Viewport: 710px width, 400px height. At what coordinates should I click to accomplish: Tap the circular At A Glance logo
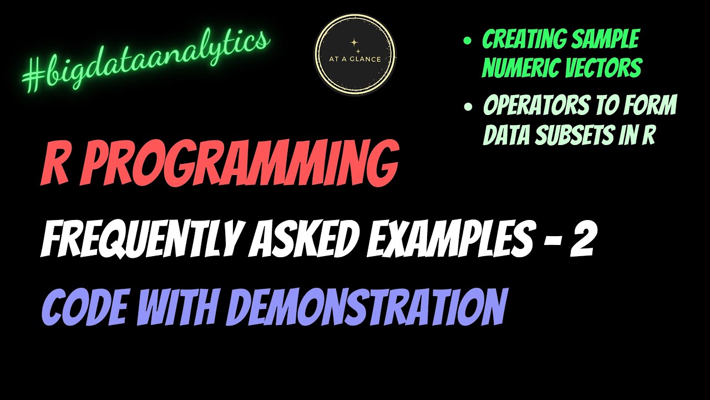(x=355, y=54)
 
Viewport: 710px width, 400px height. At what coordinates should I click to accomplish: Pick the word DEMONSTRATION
(x=367, y=307)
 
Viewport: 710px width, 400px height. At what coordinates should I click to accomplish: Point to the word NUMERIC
(x=519, y=68)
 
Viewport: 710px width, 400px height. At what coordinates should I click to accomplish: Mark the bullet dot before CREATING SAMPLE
(x=467, y=41)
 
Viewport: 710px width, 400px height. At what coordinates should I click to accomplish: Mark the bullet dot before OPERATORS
(x=467, y=106)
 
